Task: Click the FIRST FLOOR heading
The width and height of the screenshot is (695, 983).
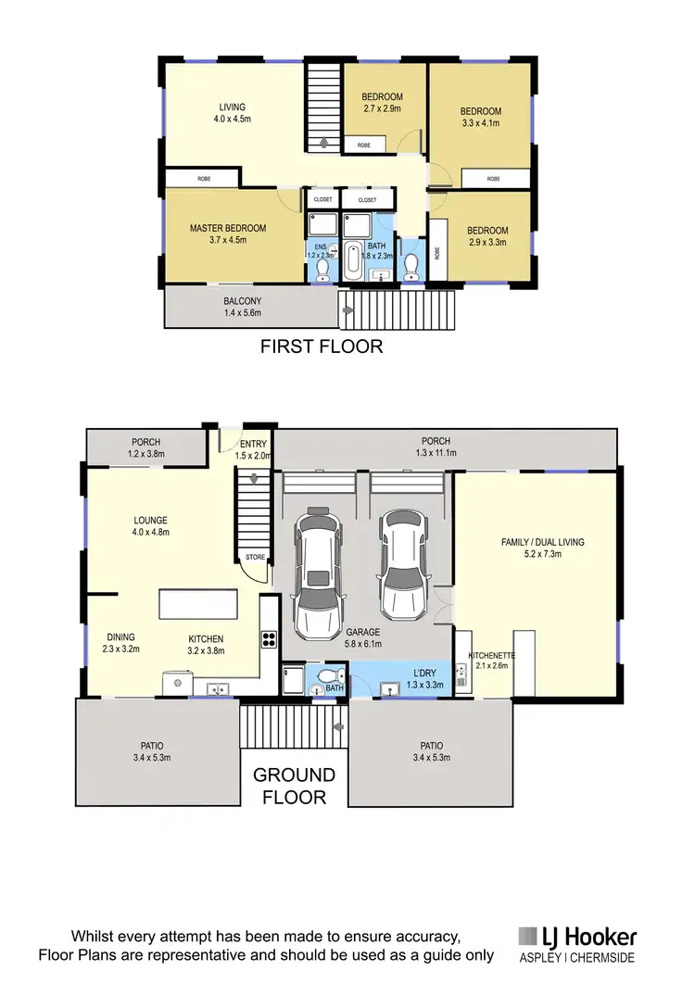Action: tap(321, 347)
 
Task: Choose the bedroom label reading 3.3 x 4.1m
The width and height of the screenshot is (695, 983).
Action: tap(481, 118)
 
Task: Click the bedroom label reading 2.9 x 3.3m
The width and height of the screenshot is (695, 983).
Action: tap(487, 236)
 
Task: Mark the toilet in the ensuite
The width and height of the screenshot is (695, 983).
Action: tap(322, 269)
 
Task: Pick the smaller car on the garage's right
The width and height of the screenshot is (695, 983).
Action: tap(402, 567)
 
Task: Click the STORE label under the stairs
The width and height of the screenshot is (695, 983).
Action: tap(255, 558)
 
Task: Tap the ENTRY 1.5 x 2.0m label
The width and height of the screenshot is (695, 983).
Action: tap(252, 449)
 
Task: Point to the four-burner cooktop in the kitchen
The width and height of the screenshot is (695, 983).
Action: tap(269, 637)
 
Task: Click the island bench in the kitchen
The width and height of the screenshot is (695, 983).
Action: tap(208, 604)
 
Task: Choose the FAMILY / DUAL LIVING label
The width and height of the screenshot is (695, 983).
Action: tap(542, 548)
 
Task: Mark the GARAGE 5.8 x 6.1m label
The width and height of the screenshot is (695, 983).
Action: tap(363, 638)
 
